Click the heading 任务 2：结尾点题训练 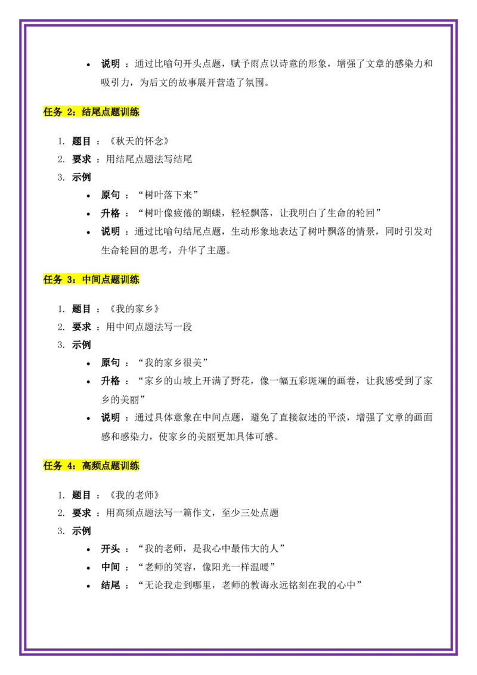[x=91, y=112]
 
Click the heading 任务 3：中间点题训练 [x=91, y=280]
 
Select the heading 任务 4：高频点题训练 [x=91, y=466]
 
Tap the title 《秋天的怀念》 [x=139, y=141]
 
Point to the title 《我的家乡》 [x=134, y=309]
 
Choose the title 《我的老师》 [x=134, y=495]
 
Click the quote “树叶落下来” [x=168, y=195]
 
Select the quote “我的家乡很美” [x=173, y=363]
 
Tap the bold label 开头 [x=111, y=549]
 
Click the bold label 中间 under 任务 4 [x=111, y=567]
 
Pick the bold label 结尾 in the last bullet [x=111, y=585]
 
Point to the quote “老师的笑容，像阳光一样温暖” [x=206, y=567]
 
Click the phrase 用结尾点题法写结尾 [x=149, y=159]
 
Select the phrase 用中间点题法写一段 [x=149, y=327]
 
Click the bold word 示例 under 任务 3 [x=81, y=345]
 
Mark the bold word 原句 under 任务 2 [x=111, y=195]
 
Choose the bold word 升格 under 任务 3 [x=111, y=381]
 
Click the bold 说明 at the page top [x=111, y=64]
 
